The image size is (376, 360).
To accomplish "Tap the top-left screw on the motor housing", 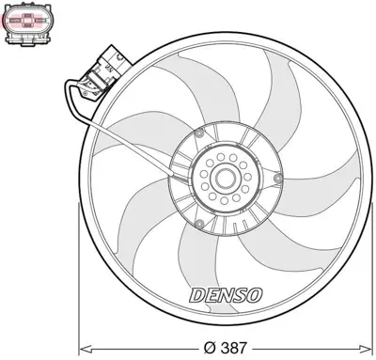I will (x=200, y=134).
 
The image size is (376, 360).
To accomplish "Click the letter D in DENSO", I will (x=197, y=294).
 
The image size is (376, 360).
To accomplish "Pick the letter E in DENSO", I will (x=211, y=294).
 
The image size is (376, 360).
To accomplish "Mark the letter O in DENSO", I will (x=255, y=294).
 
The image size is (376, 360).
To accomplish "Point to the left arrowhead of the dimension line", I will (x=81, y=345).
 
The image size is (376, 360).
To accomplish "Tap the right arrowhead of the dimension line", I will (x=368, y=345).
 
